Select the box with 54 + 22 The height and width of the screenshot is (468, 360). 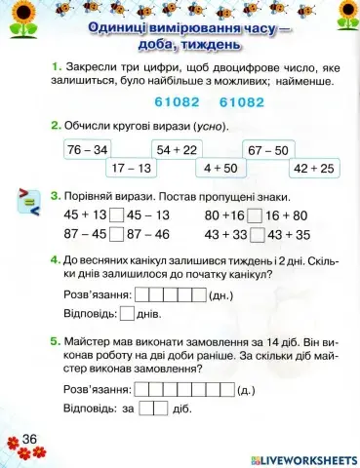coord(177,149)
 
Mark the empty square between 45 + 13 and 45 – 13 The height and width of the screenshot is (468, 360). coord(117,215)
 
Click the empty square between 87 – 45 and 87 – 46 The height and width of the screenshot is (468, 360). coord(117,235)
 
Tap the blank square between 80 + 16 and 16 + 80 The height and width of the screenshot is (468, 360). coord(255,215)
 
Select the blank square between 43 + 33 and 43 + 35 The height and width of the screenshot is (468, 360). coord(255,235)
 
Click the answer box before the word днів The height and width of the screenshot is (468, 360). coord(127,314)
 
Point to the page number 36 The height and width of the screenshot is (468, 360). coord(28,440)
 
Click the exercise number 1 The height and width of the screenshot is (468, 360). coord(56,65)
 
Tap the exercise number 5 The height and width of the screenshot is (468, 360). coord(56,343)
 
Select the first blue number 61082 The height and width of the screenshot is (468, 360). coord(177,101)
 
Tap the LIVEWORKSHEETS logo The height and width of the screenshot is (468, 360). coord(305,458)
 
